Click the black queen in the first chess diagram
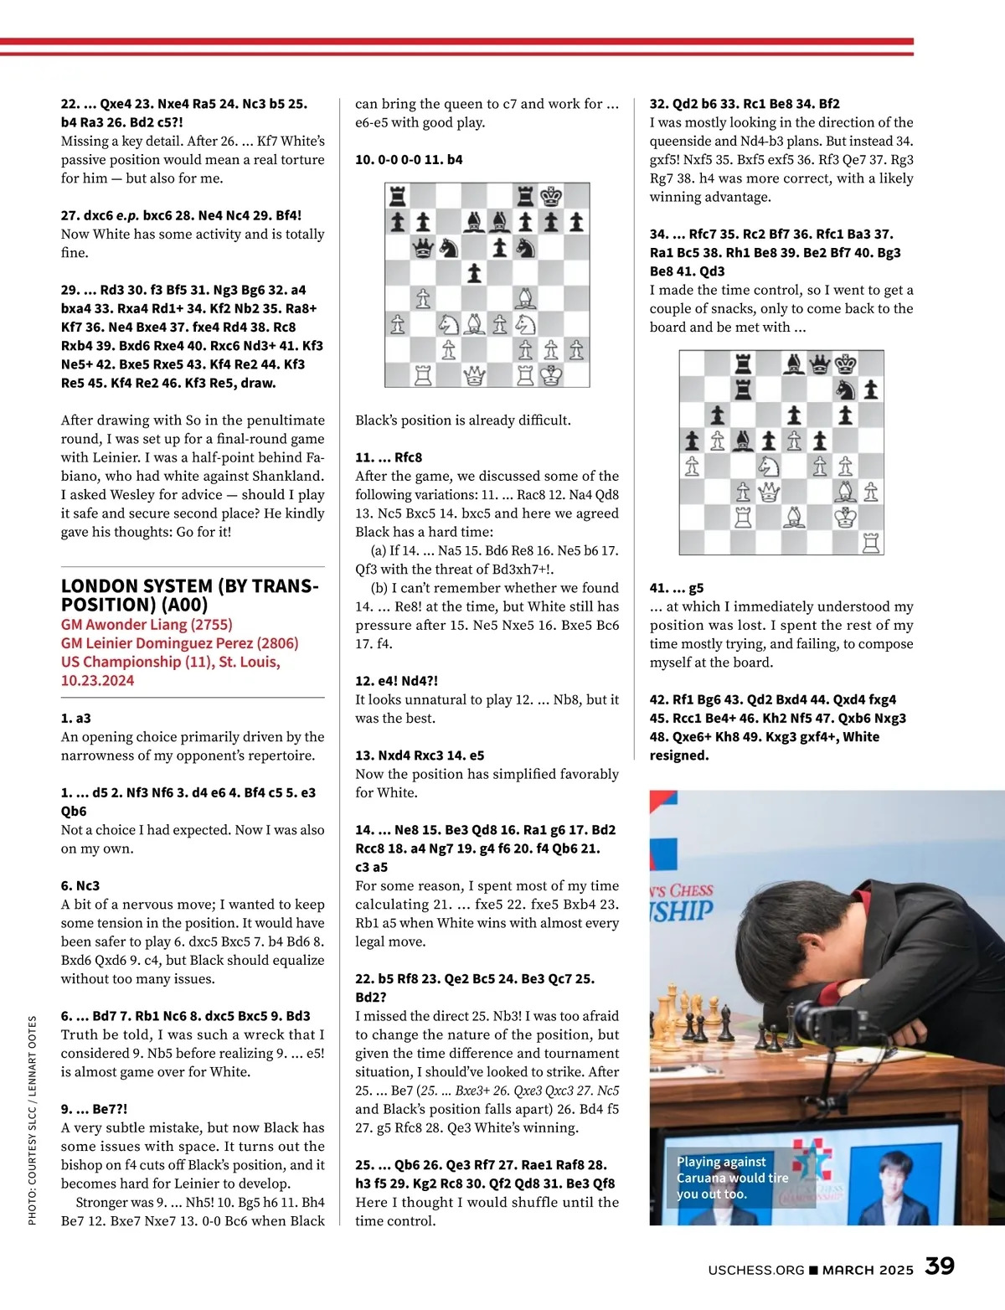(x=423, y=248)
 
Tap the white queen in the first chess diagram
(x=474, y=375)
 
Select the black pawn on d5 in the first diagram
(x=474, y=273)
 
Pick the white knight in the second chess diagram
(x=768, y=466)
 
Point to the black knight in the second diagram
(x=846, y=389)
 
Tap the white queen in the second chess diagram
(x=768, y=492)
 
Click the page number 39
(x=940, y=1266)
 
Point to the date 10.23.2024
(x=97, y=680)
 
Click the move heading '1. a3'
(x=76, y=718)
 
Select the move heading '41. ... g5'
(x=677, y=588)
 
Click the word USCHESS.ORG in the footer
(x=755, y=1270)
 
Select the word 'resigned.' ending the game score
(x=679, y=756)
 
